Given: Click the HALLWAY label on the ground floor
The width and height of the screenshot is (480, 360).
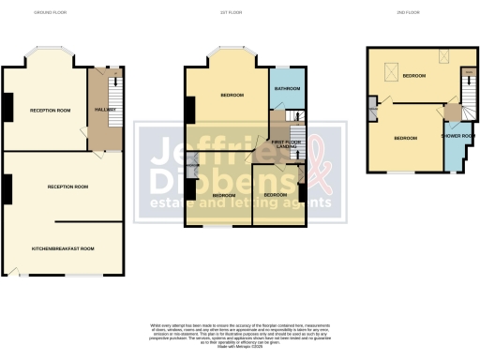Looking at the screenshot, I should (105, 111).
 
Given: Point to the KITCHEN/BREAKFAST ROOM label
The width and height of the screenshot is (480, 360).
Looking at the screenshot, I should (64, 248).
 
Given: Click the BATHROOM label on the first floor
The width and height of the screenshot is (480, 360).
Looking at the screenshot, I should (287, 88).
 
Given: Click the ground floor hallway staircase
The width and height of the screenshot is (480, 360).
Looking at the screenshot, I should (114, 90).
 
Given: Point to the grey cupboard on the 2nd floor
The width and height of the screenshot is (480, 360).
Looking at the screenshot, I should (374, 113).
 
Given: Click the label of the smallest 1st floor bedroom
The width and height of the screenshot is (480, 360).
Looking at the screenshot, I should (276, 194).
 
